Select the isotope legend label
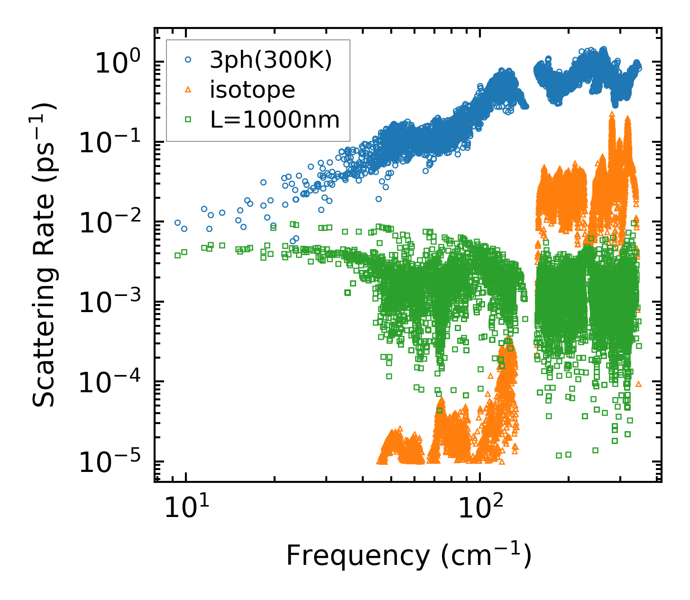tap(252, 90)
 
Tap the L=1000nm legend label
tap(275, 120)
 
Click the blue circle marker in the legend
tap(188, 60)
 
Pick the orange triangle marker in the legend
tap(188, 90)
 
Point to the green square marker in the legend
tap(188, 120)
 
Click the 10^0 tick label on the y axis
tap(116, 63)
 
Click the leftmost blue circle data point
tap(177, 222)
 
